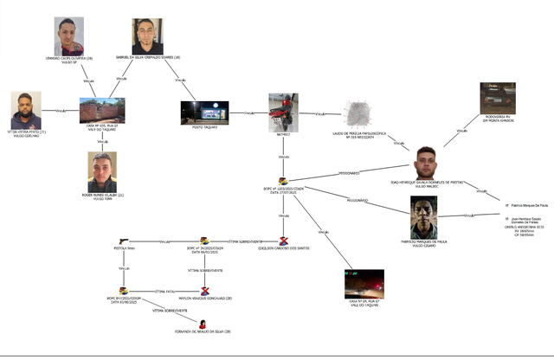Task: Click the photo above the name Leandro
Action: pos(69,35)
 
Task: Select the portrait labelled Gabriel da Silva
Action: pos(147,35)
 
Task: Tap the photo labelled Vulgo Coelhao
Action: pos(26,110)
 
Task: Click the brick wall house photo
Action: pos(102,111)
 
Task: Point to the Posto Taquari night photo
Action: pos(203,112)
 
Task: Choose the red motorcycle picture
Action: pos(283,112)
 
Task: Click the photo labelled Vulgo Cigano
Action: pos(424,215)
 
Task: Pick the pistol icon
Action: pos(123,241)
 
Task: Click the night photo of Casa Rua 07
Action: pos(364,283)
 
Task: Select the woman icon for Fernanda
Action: pos(203,324)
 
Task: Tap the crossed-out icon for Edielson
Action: pos(284,240)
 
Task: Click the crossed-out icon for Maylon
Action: pos(205,291)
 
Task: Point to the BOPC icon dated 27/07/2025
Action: pos(283,182)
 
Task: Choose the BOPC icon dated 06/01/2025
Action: pos(204,240)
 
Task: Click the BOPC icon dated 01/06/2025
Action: pos(123,291)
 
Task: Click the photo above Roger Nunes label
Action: pos(102,172)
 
